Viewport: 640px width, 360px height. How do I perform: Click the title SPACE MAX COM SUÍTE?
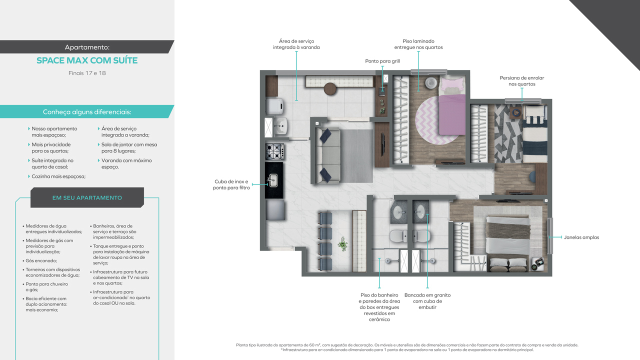tap(87, 60)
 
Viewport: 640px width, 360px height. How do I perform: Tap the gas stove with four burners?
tap(274, 151)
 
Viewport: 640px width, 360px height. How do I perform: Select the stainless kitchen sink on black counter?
tap(273, 180)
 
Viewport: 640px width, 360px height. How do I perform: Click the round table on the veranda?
tap(330, 89)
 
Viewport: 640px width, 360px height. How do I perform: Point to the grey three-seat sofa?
tap(325, 154)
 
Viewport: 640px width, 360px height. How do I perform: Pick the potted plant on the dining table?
tap(342, 244)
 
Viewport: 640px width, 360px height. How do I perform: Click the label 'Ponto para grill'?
tap(382, 61)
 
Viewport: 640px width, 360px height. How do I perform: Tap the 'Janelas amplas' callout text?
tap(581, 237)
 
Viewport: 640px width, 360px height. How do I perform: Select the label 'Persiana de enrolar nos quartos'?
tap(522, 81)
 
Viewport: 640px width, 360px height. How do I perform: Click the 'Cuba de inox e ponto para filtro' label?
tap(231, 184)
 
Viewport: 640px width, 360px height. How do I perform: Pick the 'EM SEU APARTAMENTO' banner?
tap(87, 197)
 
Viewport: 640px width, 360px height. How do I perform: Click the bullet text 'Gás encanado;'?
tap(41, 260)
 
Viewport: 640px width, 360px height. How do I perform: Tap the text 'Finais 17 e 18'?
tap(87, 73)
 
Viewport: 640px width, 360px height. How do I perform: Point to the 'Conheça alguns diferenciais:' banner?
tap(87, 112)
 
